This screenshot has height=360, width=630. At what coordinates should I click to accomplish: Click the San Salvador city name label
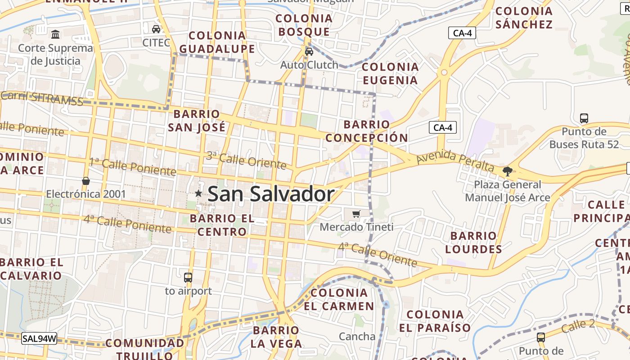(x=271, y=194)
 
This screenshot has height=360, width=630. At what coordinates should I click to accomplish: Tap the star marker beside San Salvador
(x=198, y=193)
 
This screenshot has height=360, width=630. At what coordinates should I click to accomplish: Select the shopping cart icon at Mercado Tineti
(x=356, y=214)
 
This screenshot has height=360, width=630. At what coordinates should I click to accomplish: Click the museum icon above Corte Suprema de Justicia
(x=55, y=34)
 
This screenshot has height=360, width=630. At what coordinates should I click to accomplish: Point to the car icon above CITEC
(x=156, y=29)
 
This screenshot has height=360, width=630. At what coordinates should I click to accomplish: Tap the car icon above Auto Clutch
(x=309, y=51)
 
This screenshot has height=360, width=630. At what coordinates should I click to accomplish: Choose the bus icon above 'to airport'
(x=188, y=278)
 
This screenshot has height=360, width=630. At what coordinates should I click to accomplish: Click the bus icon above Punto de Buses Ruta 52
(x=584, y=118)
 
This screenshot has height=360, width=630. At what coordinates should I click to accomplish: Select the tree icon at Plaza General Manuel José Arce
(x=508, y=171)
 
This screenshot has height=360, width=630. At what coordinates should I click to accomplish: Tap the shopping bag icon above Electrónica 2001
(x=86, y=181)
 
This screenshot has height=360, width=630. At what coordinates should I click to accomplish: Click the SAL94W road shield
(x=39, y=338)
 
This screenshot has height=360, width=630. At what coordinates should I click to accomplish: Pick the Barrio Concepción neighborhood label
(x=367, y=131)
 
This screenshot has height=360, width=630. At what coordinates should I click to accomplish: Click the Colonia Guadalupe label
(x=217, y=42)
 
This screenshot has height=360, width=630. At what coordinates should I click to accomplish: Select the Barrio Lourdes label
(x=473, y=242)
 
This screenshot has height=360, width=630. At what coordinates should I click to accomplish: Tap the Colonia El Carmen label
(x=339, y=299)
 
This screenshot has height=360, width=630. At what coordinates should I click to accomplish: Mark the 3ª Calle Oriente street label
(x=246, y=160)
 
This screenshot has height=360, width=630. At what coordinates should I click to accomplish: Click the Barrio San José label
(x=197, y=121)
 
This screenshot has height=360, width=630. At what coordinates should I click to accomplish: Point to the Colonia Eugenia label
(x=390, y=73)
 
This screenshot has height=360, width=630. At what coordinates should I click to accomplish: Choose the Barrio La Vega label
(x=276, y=337)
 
